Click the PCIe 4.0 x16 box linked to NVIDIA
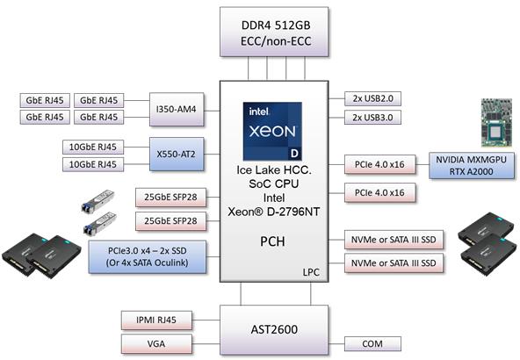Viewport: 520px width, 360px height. point(380,164)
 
